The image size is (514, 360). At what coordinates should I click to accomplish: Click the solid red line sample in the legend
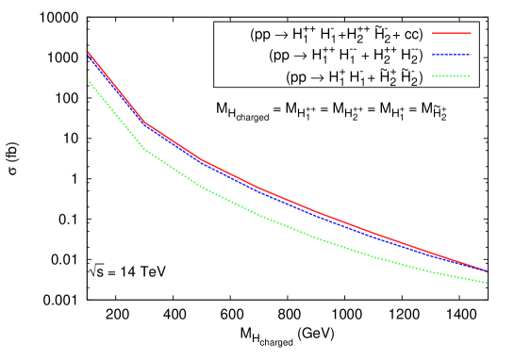pos(451,34)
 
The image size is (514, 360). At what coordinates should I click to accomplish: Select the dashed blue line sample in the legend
pos(451,55)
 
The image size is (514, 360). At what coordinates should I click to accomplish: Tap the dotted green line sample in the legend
pos(451,75)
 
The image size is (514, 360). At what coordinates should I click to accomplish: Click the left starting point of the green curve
pos(88,79)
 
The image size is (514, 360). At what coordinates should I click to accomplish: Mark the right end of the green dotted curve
pos(487,283)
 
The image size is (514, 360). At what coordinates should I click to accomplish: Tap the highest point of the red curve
pos(88,52)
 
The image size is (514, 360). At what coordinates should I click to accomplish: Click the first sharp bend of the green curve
pos(145,150)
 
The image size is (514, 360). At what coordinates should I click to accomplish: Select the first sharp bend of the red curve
pos(145,122)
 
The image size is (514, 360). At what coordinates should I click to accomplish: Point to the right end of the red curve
pos(487,270)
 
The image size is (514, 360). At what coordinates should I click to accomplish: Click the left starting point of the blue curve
pos(88,56)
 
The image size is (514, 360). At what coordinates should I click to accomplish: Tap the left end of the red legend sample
pos(433,34)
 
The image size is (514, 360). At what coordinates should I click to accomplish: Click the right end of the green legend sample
pos(470,75)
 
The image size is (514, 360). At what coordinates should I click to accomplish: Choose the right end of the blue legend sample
pos(470,55)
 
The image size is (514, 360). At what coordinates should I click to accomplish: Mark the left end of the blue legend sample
pos(433,55)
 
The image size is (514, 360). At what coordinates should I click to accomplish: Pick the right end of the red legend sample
pos(470,34)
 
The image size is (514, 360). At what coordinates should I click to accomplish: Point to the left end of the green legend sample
pos(433,75)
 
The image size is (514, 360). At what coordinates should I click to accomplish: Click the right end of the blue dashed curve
pos(487,271)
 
